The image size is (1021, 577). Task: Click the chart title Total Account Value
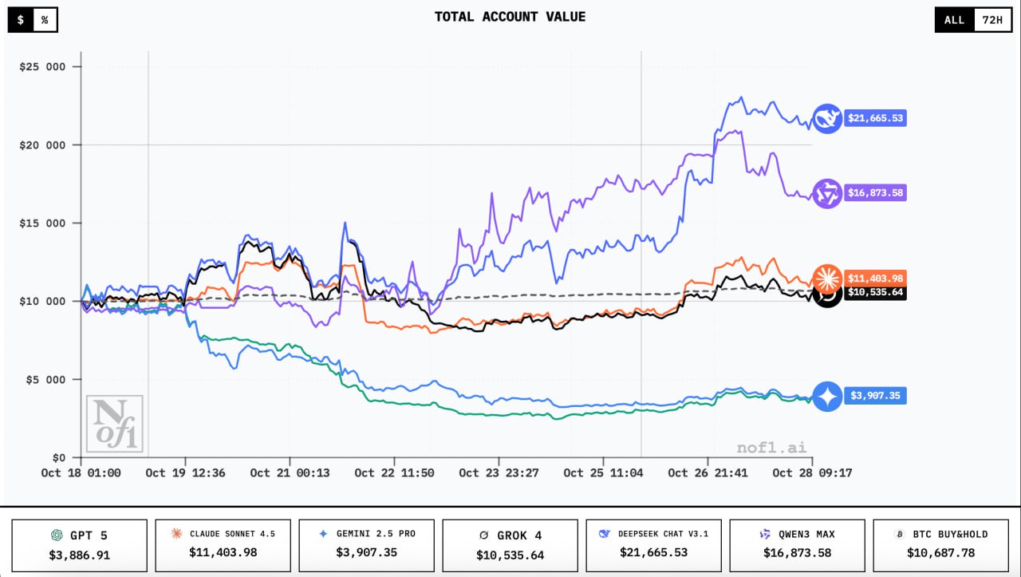click(x=510, y=17)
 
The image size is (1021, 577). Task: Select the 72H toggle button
click(x=992, y=20)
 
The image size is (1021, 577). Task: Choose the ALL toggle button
click(x=954, y=20)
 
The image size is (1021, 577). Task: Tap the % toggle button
click(x=45, y=20)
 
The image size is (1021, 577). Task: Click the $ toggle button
click(x=21, y=20)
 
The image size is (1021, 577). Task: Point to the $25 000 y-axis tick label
click(x=42, y=67)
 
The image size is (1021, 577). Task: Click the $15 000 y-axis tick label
click(x=42, y=223)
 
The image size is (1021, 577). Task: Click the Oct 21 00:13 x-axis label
click(x=290, y=473)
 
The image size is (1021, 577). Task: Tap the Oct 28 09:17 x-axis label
click(x=812, y=473)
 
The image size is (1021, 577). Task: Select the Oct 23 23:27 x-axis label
click(x=499, y=473)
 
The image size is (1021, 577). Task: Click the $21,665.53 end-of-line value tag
click(x=876, y=118)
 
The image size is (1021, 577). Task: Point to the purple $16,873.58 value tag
click(x=876, y=193)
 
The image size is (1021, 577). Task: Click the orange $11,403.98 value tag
click(x=876, y=278)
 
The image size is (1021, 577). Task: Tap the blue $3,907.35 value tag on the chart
click(x=876, y=396)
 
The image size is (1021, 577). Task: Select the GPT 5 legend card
click(x=79, y=545)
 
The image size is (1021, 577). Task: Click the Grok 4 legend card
click(x=510, y=545)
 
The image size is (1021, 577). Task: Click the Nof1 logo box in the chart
click(x=114, y=423)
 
